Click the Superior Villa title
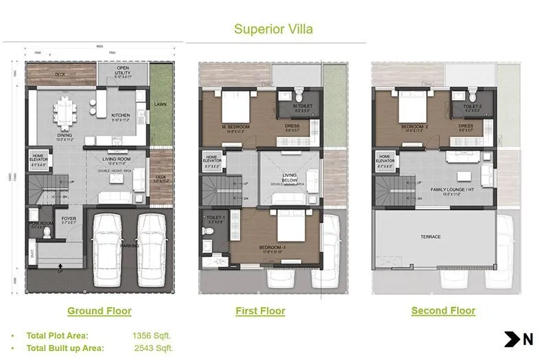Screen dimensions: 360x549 (x=274, y=29)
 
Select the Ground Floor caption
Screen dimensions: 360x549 (x=99, y=311)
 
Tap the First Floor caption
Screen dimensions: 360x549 (x=260, y=311)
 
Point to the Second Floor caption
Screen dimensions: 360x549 (x=443, y=311)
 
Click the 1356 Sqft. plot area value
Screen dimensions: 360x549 (x=151, y=335)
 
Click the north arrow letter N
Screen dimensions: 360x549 (x=528, y=338)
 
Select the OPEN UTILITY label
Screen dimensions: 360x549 (x=122, y=71)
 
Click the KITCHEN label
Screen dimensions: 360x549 (x=121, y=115)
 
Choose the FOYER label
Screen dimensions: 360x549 (x=69, y=219)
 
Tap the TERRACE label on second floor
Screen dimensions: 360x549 (x=431, y=237)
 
